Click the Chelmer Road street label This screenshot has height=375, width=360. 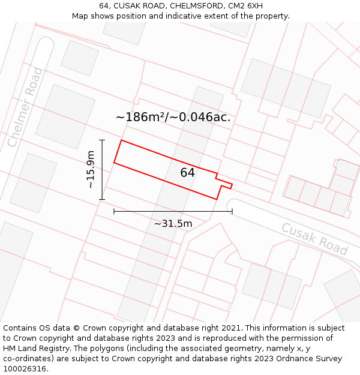[x=25, y=107]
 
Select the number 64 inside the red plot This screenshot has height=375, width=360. [x=187, y=172]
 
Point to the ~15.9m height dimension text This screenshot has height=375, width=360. [x=91, y=170]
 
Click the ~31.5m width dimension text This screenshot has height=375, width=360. [x=173, y=224]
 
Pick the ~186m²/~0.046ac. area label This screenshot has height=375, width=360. [x=173, y=117]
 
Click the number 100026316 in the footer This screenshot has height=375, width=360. [x=26, y=368]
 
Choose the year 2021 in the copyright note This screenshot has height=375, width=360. [x=232, y=328]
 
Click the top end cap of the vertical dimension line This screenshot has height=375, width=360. [x=102, y=140]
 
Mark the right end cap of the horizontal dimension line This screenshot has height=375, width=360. [x=232, y=211]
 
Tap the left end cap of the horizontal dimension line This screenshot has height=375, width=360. [x=114, y=211]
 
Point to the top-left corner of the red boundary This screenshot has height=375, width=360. [x=122, y=140]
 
